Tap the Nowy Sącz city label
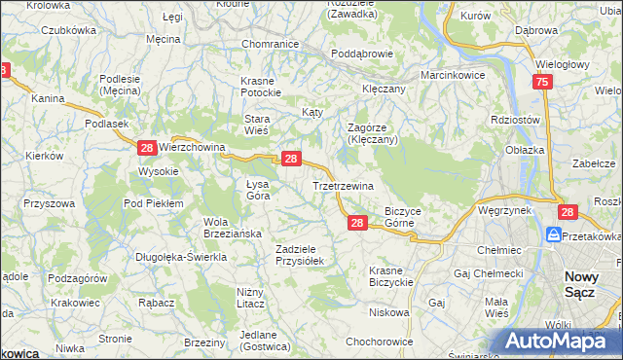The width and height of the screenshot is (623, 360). (589, 284)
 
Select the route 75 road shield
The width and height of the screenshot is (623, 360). (542, 84)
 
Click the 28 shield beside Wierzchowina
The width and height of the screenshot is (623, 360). (146, 148)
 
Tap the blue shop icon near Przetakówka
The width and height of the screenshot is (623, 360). (554, 235)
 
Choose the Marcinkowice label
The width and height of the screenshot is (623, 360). (453, 75)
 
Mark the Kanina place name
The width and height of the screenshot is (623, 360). (47, 99)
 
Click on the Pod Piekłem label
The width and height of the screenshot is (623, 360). (154, 202)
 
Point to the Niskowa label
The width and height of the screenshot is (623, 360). (389, 313)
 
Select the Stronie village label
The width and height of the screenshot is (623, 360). (115, 339)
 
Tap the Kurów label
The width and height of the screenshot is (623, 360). (475, 17)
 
